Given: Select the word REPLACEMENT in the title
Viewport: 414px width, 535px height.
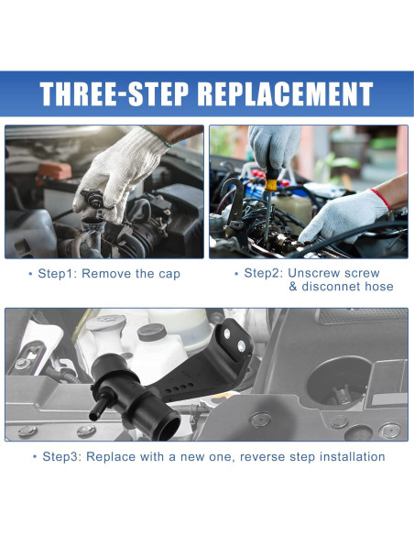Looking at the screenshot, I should click(286, 94).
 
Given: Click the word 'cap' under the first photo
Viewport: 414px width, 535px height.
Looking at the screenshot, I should click(168, 274).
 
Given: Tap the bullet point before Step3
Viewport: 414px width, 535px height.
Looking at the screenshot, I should click(35, 456).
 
